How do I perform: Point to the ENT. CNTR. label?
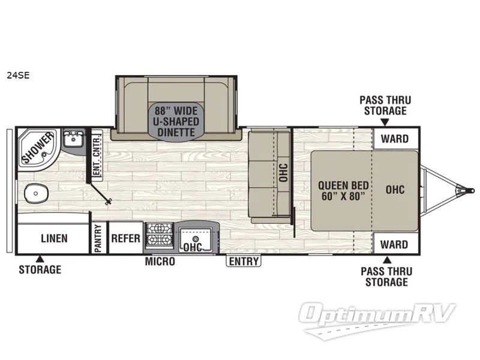click(x=97, y=154)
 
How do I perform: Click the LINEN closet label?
click(x=54, y=238)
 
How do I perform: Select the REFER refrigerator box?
click(x=126, y=238)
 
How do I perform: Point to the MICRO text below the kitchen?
click(x=160, y=262)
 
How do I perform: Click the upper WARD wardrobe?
click(x=395, y=139)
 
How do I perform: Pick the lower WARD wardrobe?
click(x=395, y=245)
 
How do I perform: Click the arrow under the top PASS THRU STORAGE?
click(x=383, y=122)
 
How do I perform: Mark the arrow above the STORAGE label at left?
click(x=40, y=259)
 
